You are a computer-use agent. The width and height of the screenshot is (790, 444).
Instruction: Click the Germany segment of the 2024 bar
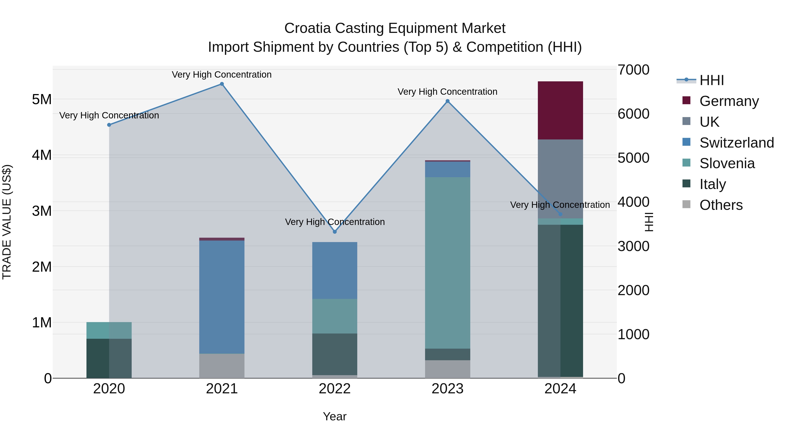click(560, 110)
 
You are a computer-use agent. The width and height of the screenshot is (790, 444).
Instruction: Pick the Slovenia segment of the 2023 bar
click(447, 263)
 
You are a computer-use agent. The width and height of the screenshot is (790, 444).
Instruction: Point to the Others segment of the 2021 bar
click(222, 366)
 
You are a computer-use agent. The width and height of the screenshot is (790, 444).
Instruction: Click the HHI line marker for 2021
click(222, 84)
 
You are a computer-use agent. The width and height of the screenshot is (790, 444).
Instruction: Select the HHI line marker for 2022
click(335, 232)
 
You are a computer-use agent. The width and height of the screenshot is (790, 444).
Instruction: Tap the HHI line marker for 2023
click(447, 101)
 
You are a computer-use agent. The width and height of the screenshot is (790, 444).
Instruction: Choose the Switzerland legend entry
click(736, 143)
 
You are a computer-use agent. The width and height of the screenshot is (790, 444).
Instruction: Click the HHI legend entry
click(711, 80)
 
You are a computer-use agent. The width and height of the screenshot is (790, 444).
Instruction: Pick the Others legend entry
click(721, 205)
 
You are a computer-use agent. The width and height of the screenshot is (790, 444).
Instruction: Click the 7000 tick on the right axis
click(633, 70)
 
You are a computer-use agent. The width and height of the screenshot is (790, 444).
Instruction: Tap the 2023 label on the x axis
click(447, 389)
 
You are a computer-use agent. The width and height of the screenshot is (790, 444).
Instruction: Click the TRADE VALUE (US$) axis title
click(7, 222)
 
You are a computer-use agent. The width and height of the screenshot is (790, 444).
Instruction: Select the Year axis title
click(335, 416)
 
